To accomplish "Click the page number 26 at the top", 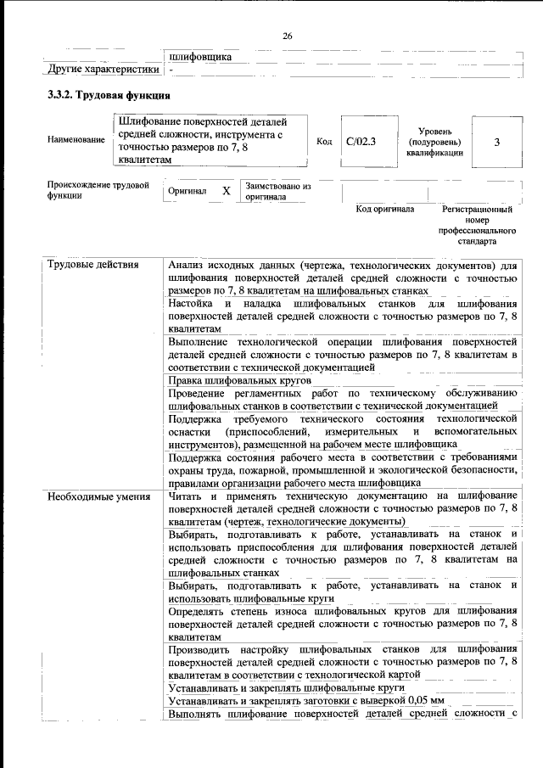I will (287, 36).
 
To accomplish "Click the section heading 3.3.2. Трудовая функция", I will (110, 96).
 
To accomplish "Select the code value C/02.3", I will (361, 141).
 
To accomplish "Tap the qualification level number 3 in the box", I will (497, 142).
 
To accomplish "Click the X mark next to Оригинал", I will (227, 192).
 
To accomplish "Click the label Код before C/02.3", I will (323, 141).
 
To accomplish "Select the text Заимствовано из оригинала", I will (278, 191).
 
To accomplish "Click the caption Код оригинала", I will (384, 209).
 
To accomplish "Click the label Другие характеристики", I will (103, 70).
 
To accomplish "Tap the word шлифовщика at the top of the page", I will (200, 57).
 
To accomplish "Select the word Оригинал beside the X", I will (187, 192).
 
